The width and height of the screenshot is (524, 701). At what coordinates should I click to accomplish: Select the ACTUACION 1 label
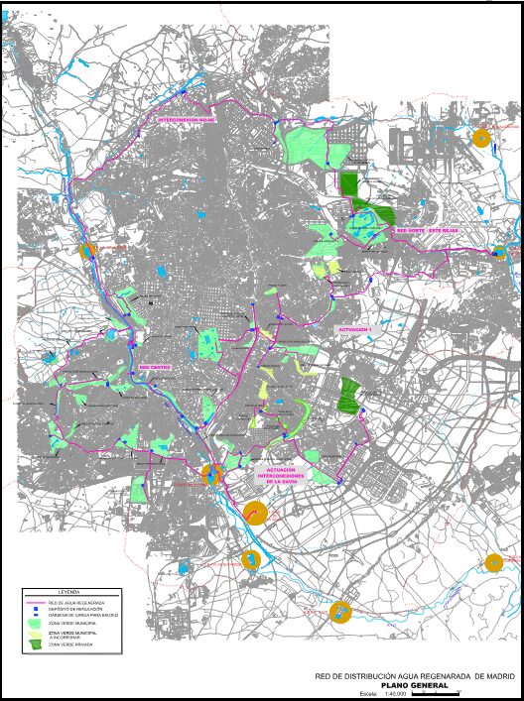[354, 328]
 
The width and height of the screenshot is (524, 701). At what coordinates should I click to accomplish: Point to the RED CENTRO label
[154, 367]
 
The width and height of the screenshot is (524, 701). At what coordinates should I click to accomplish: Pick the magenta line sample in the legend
[35, 602]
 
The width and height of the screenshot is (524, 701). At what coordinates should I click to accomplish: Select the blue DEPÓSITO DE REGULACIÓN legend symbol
[35, 609]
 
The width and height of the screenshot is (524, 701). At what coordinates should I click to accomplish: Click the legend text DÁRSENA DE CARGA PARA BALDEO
[84, 616]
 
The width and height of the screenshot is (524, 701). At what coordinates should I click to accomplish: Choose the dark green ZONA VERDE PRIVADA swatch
[36, 644]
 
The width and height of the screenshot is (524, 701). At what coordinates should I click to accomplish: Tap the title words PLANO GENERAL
[414, 684]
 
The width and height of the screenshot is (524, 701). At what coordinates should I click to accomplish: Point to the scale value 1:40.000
[396, 693]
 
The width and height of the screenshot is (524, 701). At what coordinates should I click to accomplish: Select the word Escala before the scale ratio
[368, 693]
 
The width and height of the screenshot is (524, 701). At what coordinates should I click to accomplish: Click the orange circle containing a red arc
[255, 513]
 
